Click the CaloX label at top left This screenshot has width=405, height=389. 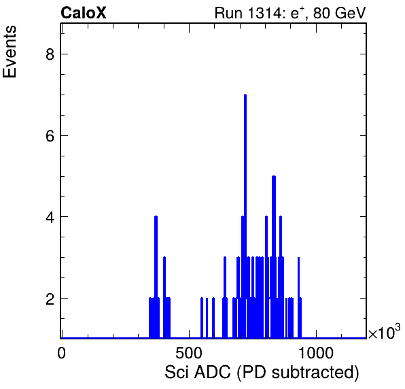[x=84, y=13]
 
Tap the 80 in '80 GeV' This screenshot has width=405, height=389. [x=321, y=13]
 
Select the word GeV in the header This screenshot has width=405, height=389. [x=350, y=13]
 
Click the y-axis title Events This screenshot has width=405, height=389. [x=10, y=52]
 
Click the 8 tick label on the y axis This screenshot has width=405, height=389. [x=50, y=54]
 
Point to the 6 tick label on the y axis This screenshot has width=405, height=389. [x=50, y=136]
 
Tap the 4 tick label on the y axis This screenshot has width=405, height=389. [x=50, y=217]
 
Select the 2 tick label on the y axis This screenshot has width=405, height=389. [x=50, y=299]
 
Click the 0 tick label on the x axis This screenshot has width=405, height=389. [x=61, y=353]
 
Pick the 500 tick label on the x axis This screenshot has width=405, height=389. [x=189, y=353]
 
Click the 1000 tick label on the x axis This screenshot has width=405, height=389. [x=316, y=353]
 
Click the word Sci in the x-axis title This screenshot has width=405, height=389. [x=176, y=373]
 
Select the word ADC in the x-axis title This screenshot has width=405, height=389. [x=212, y=373]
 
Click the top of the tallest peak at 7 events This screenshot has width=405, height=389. [x=245, y=95]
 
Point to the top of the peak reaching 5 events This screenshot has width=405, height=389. [x=274, y=177]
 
